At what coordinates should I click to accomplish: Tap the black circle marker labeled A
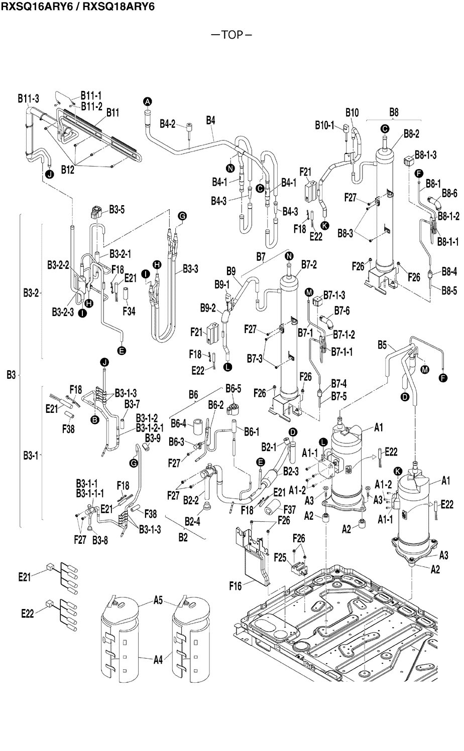[148, 101]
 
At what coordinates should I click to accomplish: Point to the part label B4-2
[168, 123]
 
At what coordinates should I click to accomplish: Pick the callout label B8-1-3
[425, 155]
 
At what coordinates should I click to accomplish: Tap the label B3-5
[117, 210]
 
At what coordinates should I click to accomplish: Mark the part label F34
[129, 311]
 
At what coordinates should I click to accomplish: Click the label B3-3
[190, 269]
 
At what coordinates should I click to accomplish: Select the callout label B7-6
[343, 312]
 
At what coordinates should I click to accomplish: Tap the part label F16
[236, 585]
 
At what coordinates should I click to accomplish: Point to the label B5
[382, 345]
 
